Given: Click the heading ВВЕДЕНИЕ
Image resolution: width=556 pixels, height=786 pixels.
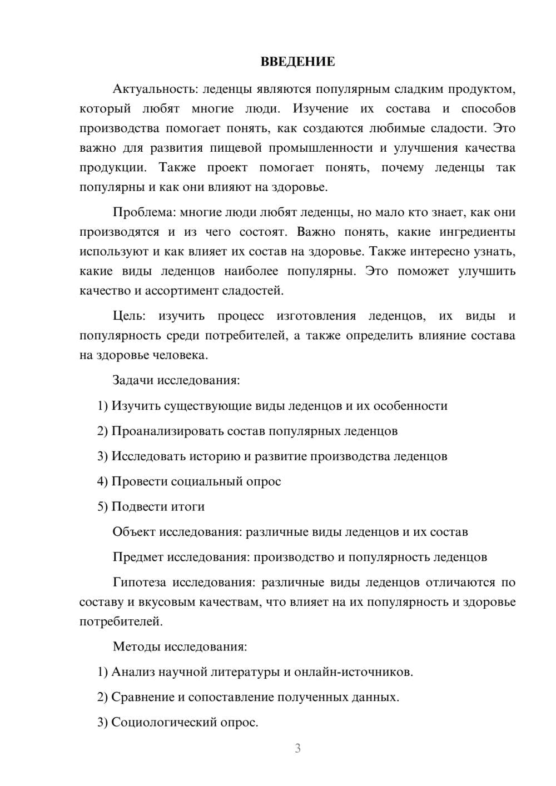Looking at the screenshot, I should pos(297,62).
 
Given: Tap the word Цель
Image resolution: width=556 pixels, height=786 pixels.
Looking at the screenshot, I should pos(129,316).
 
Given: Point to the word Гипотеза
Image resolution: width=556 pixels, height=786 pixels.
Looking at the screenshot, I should pos(139,583).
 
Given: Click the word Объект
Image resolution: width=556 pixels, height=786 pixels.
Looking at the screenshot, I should pos(134,532).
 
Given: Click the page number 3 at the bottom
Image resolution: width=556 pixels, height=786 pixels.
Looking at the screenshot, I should pos(297,748).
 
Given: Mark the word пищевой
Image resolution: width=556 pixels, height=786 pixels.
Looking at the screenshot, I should pos(237,148).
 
